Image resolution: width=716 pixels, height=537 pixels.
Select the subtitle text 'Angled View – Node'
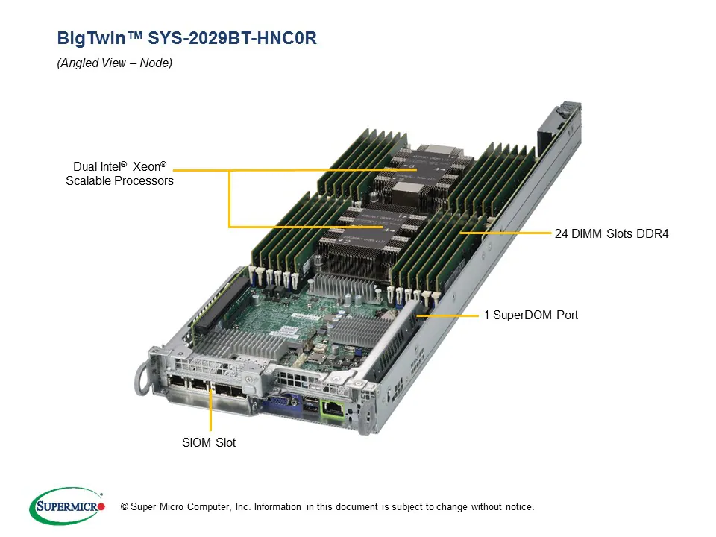pyautogui.click(x=115, y=63)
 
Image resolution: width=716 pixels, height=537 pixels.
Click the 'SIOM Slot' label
pyautogui.click(x=210, y=443)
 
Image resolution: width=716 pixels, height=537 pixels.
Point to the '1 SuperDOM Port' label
pyautogui.click(x=530, y=315)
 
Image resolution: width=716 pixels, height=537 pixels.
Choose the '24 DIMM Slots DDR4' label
pyautogui.click(x=612, y=234)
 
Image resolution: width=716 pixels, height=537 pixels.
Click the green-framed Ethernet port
pyautogui.click(x=330, y=409)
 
